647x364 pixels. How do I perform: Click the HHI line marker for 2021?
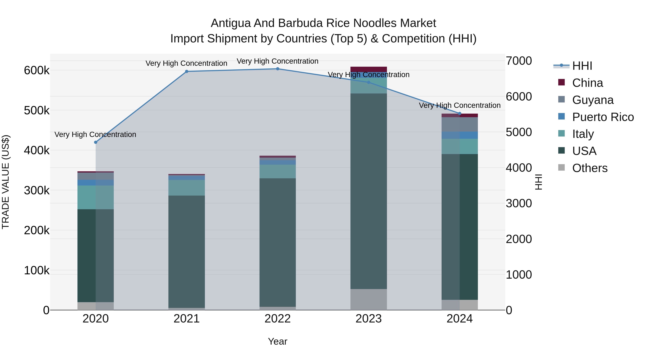187,72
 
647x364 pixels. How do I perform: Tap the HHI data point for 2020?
96,142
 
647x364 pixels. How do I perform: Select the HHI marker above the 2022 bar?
277,69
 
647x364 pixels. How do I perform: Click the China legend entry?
587,83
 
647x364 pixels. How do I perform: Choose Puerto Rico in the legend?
603,117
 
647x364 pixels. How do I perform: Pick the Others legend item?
589,168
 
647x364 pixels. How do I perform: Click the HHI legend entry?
582,66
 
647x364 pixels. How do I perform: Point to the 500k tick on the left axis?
37,111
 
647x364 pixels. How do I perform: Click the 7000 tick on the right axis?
519,61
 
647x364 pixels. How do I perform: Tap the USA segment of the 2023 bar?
368,191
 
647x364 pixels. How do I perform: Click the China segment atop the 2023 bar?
368,69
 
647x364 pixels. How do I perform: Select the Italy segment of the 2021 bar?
187,188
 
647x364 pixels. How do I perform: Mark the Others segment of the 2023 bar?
368,299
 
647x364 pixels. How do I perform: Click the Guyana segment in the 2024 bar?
460,125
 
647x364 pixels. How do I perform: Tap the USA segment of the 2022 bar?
277,242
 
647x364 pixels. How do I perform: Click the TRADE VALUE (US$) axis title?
6,182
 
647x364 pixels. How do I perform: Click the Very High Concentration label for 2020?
95,135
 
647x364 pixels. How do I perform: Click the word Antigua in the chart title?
230,23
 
